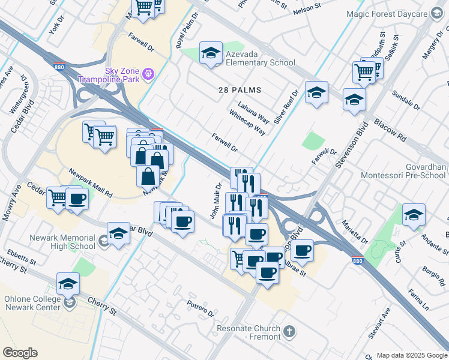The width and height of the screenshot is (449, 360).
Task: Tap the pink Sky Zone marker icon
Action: tap(149, 74)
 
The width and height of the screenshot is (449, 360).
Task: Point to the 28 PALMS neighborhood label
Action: tap(240, 90)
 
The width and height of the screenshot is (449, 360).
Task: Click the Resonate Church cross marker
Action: tap(289, 331)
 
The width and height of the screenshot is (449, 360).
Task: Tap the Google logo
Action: tap(20, 353)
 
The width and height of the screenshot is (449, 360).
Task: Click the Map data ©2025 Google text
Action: tap(412, 355)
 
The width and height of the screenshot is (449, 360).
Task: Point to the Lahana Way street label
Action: tap(253, 112)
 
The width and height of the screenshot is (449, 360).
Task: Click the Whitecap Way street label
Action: tap(247, 122)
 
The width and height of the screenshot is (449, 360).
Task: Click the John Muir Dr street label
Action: tap(215, 200)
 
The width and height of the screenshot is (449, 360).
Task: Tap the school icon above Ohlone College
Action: tap(68, 284)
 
